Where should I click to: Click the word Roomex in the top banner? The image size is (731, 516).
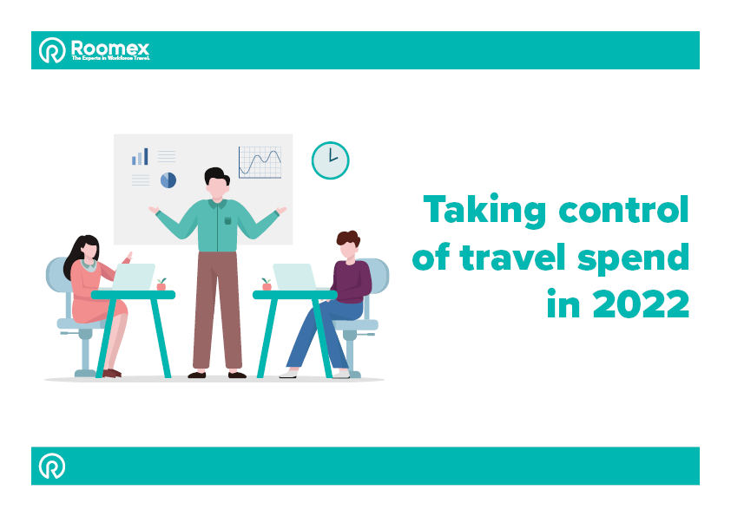(x=110, y=48)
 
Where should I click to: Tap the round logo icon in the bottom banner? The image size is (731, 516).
(x=52, y=466)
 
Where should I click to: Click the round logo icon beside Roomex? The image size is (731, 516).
(x=52, y=49)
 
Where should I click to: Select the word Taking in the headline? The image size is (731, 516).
(x=484, y=211)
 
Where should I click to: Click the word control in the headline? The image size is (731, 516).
(x=623, y=209)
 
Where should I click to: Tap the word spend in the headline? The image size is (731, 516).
(x=633, y=258)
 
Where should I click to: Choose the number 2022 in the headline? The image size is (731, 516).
(x=641, y=304)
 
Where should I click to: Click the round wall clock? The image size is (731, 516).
(x=330, y=160)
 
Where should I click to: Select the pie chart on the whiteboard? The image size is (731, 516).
(x=168, y=180)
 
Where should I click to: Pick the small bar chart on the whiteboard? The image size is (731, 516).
(x=140, y=156)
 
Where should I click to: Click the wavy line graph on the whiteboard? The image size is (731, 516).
(x=260, y=162)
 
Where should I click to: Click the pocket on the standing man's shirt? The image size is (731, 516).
(x=228, y=220)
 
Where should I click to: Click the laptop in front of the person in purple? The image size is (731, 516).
(x=294, y=277)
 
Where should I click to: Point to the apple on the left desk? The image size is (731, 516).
(x=161, y=284)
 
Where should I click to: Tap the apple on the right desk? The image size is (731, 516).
(x=267, y=284)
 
